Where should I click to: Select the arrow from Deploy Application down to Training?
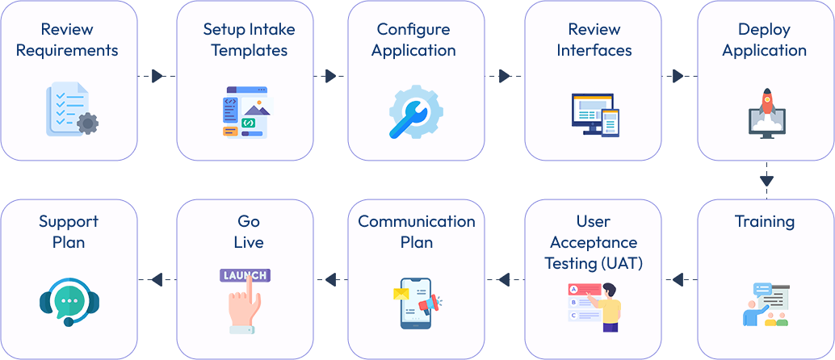coord(766,179)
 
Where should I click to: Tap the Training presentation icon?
coord(765,304)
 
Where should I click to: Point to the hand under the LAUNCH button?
coord(243,306)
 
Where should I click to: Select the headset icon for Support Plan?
coord(69,303)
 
